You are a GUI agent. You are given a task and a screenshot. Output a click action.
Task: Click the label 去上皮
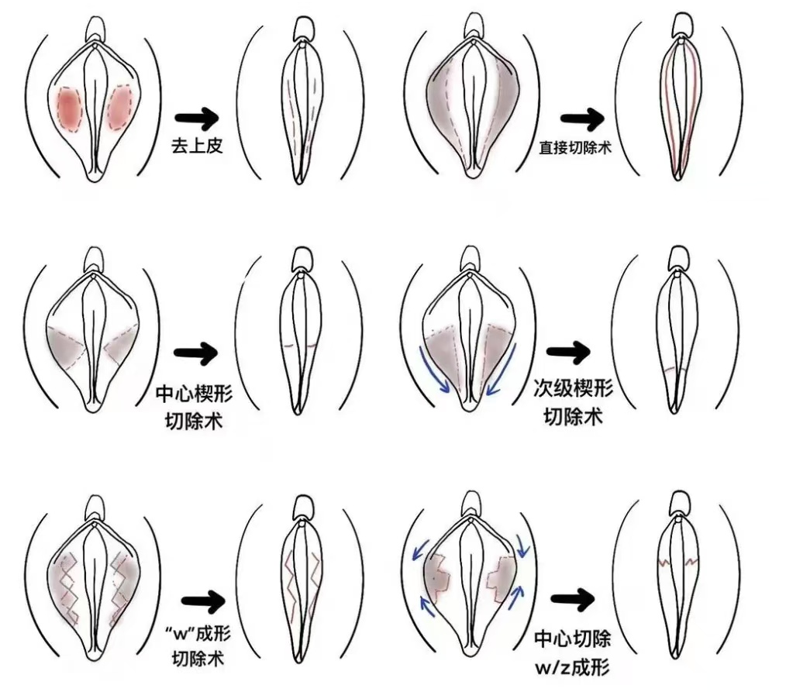(196, 145)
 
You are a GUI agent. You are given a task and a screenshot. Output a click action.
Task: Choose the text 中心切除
(573, 639)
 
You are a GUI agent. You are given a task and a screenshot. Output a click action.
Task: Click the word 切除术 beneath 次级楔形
(573, 417)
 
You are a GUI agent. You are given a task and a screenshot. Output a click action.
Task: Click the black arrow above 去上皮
(196, 118)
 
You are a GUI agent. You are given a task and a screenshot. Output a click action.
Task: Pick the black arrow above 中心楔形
(196, 353)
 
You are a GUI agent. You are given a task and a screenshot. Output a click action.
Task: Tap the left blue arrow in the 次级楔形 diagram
(434, 371)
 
